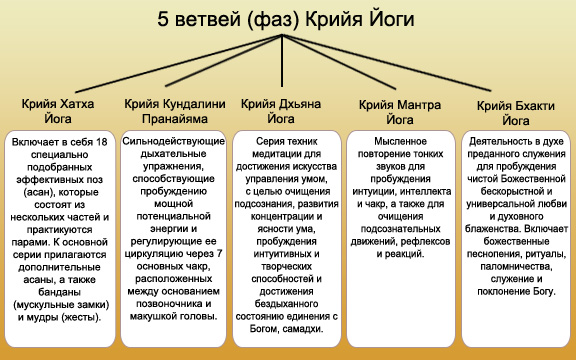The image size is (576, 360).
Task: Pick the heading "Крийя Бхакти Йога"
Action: [x=516, y=112]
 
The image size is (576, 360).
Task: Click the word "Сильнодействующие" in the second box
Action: [x=176, y=144]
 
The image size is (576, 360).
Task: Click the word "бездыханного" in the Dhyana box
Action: [x=286, y=302]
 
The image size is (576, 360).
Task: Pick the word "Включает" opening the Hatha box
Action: [x=37, y=144]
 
